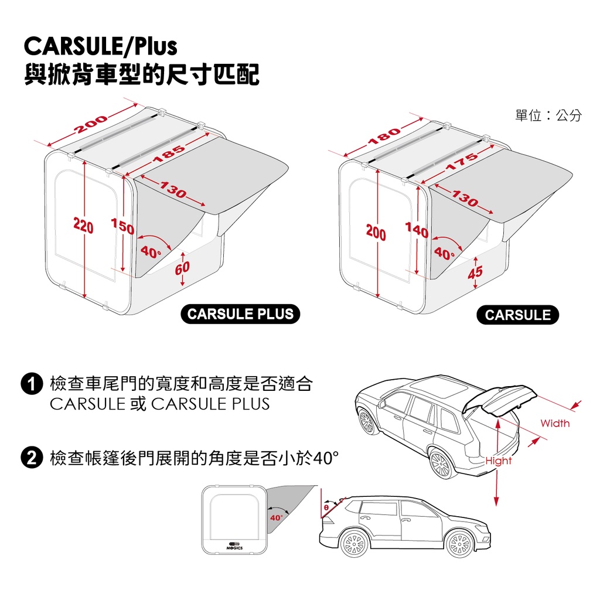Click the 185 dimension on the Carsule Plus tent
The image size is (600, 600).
coord(169,154)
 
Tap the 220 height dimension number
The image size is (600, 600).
coord(83,226)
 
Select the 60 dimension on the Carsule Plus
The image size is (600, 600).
coord(182,267)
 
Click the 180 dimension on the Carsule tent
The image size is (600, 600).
coord(384,137)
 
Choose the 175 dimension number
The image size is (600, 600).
coord(462,162)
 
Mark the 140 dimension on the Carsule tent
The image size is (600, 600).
coord(417,230)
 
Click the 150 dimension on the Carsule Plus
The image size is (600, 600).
coord(122,226)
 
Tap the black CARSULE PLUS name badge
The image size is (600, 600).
coord(240,314)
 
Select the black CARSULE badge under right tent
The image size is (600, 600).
coord(518,315)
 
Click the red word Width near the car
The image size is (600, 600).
coord(555,423)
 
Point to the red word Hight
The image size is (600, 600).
coord(498,461)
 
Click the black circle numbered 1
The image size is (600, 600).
coord(32,384)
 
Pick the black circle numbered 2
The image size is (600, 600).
coord(32,458)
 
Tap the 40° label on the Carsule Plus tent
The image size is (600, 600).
coord(151,252)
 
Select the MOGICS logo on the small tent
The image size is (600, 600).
coord(234,546)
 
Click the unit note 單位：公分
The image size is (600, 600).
coord(548,115)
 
